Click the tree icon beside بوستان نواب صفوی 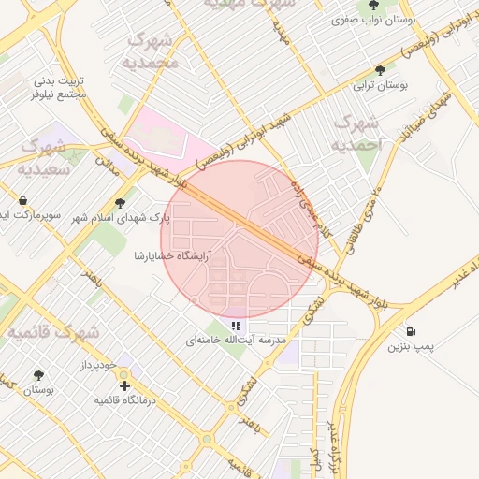(374, 5)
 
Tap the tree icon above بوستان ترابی (380, 70)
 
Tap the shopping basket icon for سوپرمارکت (22, 201)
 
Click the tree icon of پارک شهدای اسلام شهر (120, 202)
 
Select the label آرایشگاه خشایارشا (173, 254)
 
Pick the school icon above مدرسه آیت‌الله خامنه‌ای (236, 326)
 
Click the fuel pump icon (412, 332)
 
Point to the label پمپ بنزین (410, 347)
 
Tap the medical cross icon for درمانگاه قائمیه (124, 385)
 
